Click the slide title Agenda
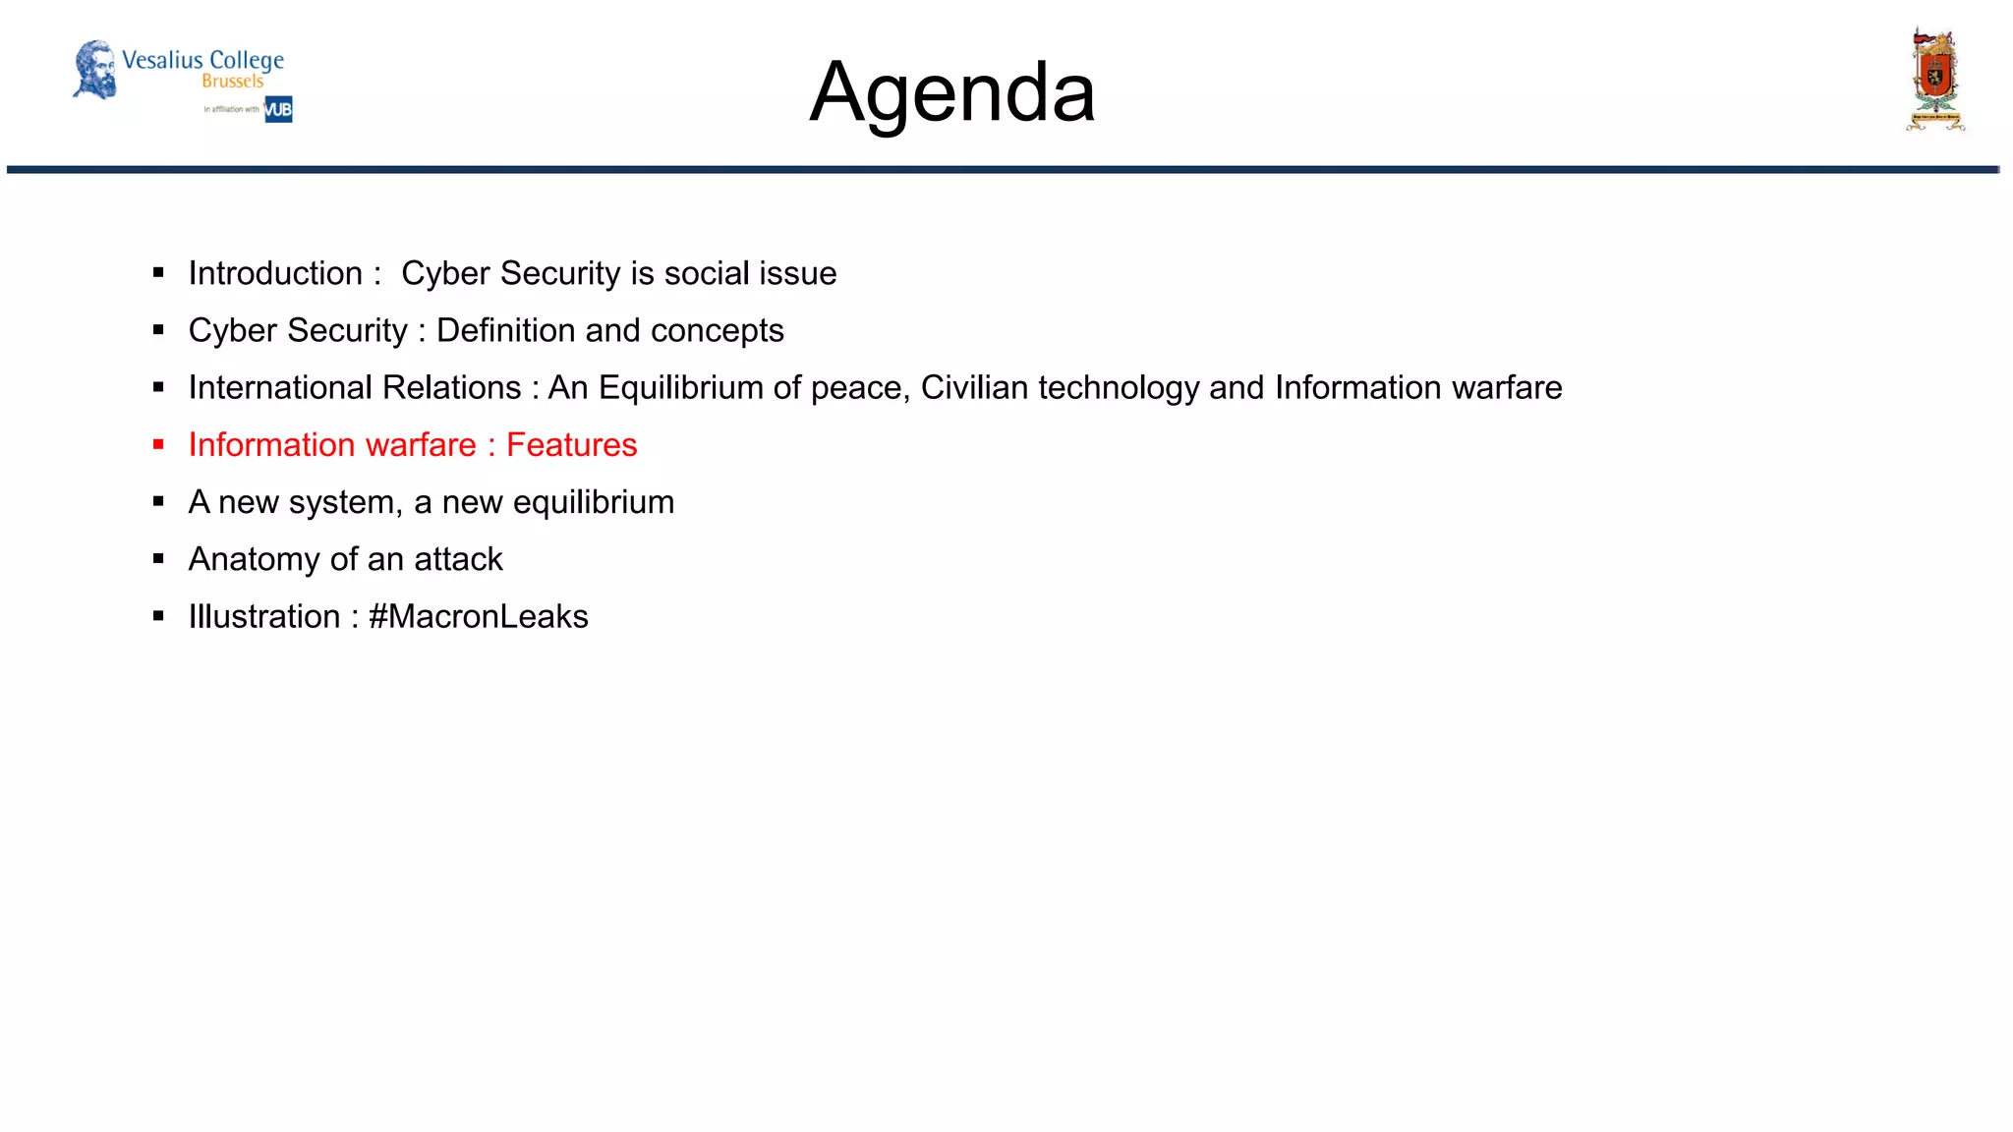point(951,92)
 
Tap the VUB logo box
point(278,109)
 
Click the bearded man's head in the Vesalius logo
point(95,69)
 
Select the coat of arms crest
point(1934,80)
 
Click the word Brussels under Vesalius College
point(233,82)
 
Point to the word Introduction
point(275,273)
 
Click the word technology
point(1119,388)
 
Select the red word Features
point(571,445)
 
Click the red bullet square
point(158,445)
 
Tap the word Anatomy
point(255,560)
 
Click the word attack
point(458,559)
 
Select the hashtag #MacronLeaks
point(478,616)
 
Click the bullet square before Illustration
point(158,616)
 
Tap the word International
point(355,388)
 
